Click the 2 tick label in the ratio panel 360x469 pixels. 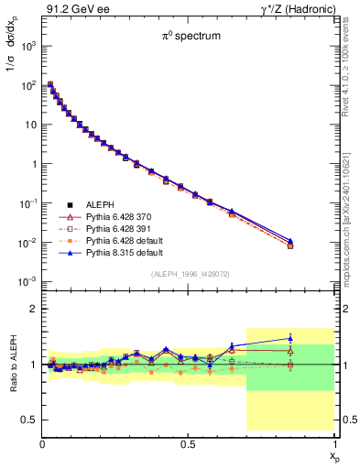tap(34, 309)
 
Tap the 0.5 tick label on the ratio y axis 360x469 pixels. tap(29, 420)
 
